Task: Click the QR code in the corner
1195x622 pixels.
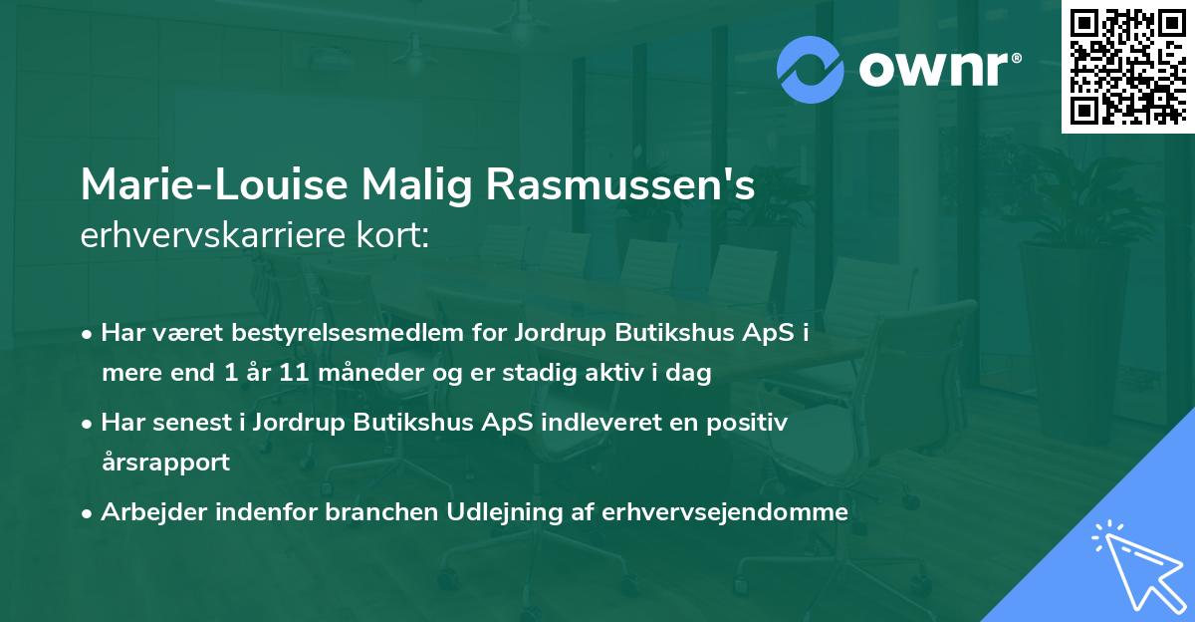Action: click(x=1126, y=66)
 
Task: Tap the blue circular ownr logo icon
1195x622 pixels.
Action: click(x=811, y=69)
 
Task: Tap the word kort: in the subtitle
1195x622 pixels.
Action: click(x=392, y=237)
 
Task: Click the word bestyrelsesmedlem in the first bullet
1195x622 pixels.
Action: click(x=342, y=333)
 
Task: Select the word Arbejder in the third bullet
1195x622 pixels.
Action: click(x=146, y=512)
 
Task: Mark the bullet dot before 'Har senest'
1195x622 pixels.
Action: click(x=89, y=424)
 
